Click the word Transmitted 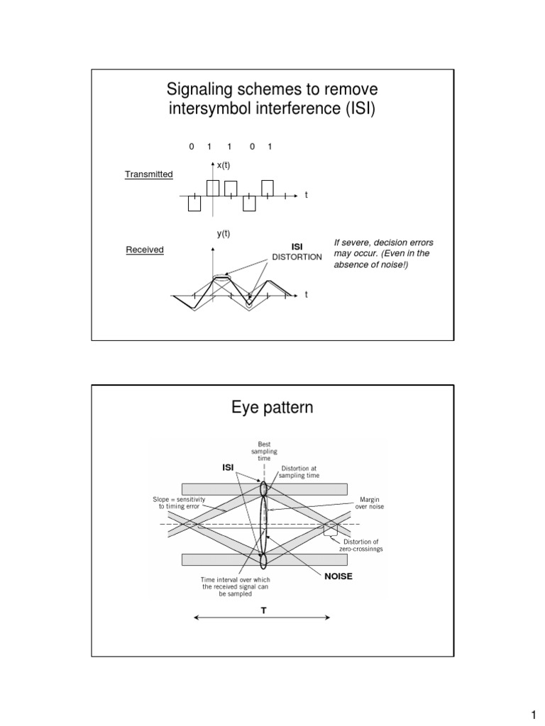149,174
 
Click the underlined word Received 145,250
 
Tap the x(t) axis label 224,165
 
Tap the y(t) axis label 224,233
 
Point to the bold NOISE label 338,576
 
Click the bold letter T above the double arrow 263,610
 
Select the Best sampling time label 264,451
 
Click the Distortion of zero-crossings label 362,546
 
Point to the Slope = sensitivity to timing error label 179,503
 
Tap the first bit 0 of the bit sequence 192,147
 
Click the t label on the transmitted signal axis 306,194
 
